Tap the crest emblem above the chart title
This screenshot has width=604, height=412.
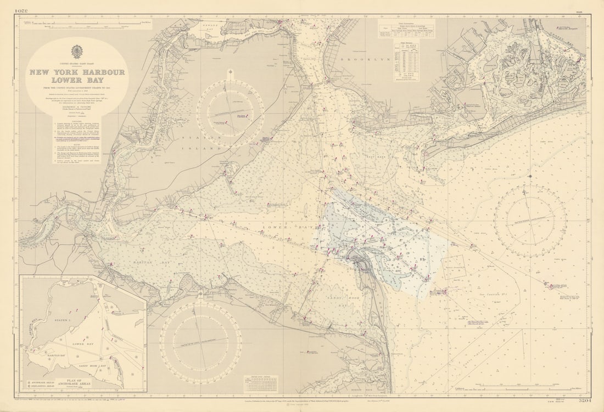pos(77,52)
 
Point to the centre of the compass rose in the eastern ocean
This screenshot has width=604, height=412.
pos(530,221)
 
